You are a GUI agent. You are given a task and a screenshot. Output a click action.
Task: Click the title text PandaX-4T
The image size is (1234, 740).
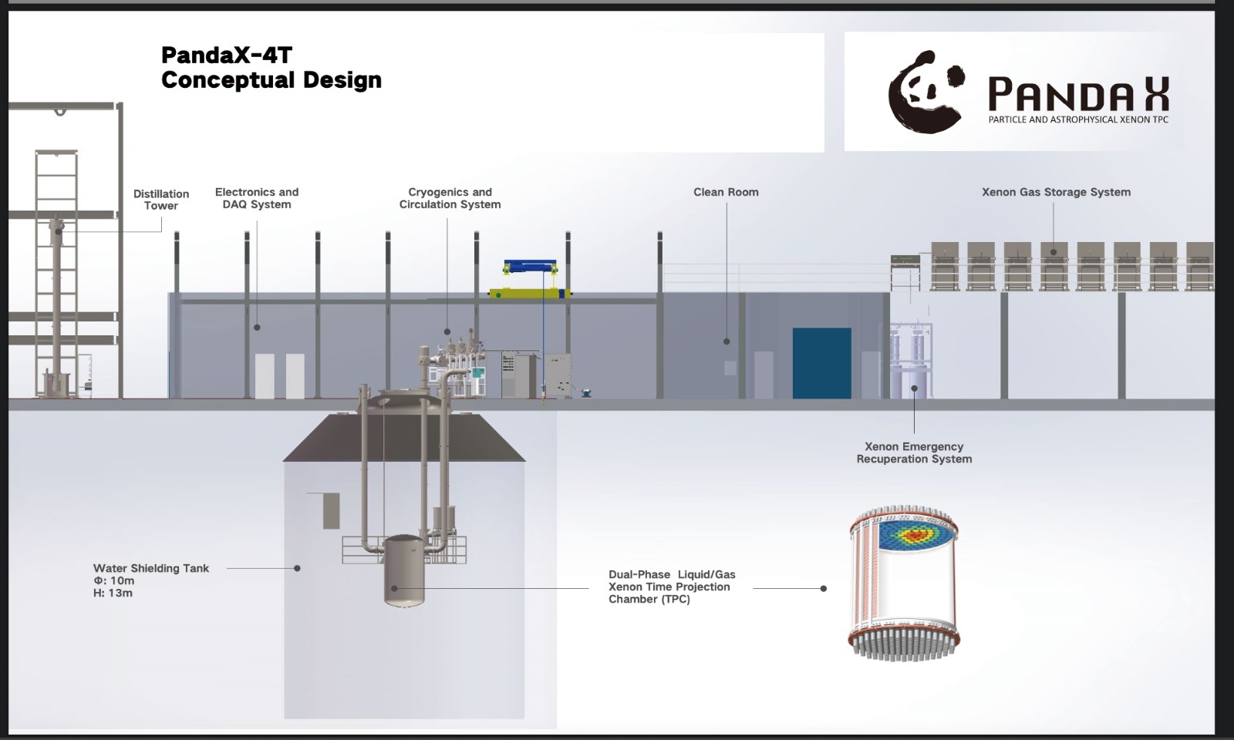tap(226, 55)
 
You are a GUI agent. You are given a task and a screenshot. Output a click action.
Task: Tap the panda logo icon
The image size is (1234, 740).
tap(925, 92)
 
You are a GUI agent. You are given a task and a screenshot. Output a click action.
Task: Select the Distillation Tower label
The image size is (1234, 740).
tap(161, 200)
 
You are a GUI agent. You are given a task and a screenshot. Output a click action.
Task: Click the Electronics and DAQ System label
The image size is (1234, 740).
tap(257, 198)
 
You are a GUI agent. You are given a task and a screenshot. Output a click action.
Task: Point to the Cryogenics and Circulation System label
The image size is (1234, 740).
tap(450, 198)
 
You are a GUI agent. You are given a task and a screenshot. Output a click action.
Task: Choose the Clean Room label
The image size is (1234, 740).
tap(726, 192)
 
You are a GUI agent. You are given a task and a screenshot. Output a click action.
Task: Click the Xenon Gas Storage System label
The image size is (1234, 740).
tap(1056, 192)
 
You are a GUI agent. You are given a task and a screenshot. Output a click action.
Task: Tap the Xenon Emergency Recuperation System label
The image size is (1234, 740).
tap(914, 452)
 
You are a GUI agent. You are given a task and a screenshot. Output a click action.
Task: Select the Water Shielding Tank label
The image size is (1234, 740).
tap(151, 568)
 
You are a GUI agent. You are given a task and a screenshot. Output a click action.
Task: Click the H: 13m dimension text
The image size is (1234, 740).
tap(113, 593)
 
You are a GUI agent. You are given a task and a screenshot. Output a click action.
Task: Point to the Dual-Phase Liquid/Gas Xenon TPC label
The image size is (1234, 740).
tap(672, 587)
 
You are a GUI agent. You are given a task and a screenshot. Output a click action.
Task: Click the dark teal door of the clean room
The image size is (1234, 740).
tap(821, 363)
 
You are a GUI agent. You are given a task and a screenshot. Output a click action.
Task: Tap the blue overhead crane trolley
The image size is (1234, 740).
tap(530, 267)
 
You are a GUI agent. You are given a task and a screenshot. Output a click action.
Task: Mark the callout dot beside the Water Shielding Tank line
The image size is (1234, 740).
tap(297, 568)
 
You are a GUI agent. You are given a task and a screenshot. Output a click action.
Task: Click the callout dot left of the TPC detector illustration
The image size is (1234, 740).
tap(824, 588)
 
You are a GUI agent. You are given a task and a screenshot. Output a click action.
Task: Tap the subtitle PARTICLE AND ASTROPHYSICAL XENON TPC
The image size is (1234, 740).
tap(1078, 119)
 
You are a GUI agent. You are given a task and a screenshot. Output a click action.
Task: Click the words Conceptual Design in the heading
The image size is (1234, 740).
tap(271, 80)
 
